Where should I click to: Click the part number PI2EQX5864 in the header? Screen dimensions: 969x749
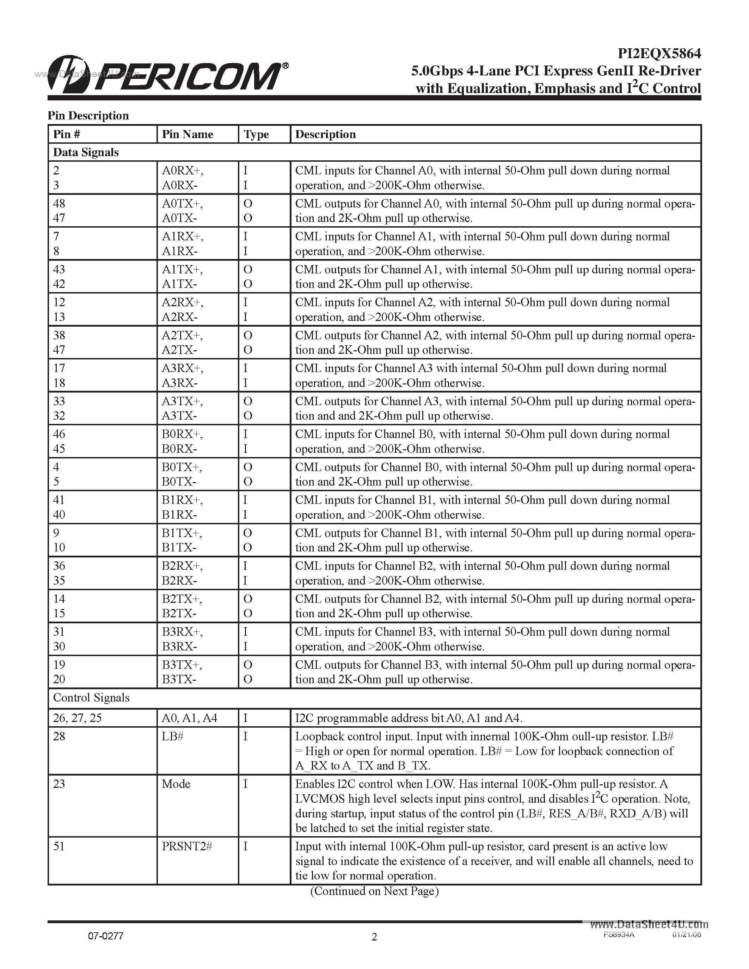tap(659, 54)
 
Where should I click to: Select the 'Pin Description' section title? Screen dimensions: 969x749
tap(88, 116)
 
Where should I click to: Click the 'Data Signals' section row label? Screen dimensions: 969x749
tap(86, 152)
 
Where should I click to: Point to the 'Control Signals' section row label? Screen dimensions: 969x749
tap(91, 697)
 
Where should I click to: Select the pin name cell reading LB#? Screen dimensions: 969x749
tap(173, 736)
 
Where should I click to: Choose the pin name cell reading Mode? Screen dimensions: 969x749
tap(176, 784)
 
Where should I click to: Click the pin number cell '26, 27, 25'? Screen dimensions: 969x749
tap(77, 718)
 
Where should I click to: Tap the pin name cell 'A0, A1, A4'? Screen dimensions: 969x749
tap(190, 718)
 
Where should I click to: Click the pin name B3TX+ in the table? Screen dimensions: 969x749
tap(182, 665)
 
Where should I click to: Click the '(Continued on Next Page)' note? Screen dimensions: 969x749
tap(374, 891)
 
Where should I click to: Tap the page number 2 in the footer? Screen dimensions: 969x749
tap(374, 937)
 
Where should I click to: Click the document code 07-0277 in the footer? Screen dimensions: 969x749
tap(106, 936)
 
